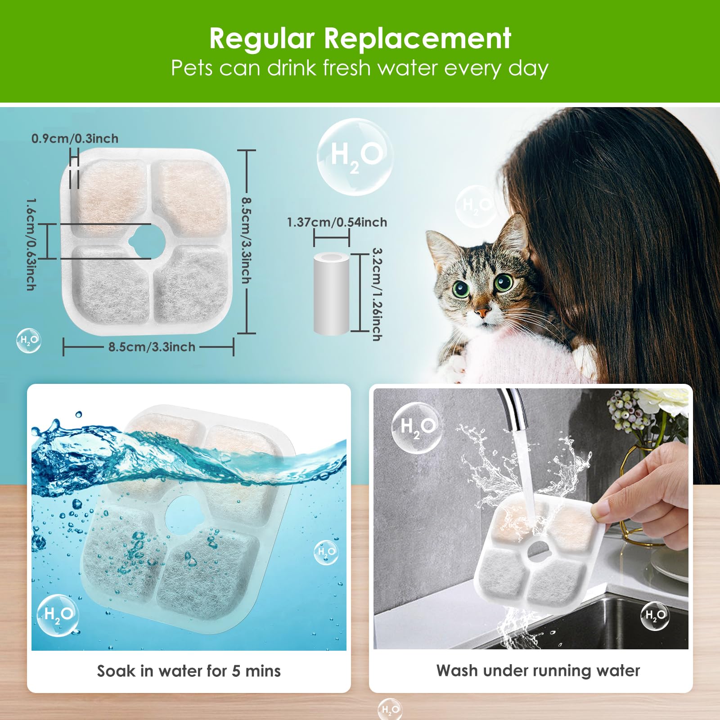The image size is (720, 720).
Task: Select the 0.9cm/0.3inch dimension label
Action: click(x=75, y=139)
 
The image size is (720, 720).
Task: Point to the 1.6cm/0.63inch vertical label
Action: click(x=31, y=244)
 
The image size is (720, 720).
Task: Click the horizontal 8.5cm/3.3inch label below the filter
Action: click(x=152, y=347)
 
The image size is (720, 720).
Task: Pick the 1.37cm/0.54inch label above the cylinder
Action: click(x=337, y=222)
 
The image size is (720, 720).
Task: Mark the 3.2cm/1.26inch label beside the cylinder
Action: click(x=377, y=294)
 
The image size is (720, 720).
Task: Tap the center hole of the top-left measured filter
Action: click(x=149, y=242)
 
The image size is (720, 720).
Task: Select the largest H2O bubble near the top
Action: click(x=355, y=157)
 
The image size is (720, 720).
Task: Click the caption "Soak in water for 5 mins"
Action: click(x=189, y=671)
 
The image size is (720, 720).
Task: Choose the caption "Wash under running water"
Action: click(x=538, y=670)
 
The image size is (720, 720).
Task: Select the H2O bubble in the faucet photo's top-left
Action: click(x=416, y=427)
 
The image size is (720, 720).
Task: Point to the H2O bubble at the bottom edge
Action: click(x=390, y=710)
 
